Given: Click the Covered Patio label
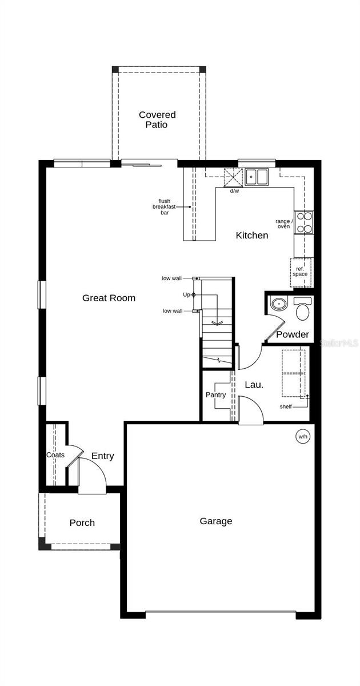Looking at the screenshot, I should point(157,119).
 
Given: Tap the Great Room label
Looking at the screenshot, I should point(109,298).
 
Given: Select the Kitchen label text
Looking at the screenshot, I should point(252,235).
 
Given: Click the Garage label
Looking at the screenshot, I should point(216,521).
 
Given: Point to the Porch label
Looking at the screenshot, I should point(82,523).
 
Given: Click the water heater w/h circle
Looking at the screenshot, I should point(302,437).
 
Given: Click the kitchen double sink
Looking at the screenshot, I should point(257,177).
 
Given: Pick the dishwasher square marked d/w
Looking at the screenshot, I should point(233,177).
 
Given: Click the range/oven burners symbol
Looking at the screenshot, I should point(305,223).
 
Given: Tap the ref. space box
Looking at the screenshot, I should point(301,271).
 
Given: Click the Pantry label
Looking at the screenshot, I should point(215,395).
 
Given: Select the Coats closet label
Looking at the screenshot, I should point(55,455).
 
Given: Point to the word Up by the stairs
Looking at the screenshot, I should point(186,294).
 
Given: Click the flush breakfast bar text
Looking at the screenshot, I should point(165,206).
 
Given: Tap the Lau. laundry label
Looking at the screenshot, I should point(254,385).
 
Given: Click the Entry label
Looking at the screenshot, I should point(103,456).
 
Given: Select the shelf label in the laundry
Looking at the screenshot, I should point(286,406).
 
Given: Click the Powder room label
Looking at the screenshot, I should point(293,334).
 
